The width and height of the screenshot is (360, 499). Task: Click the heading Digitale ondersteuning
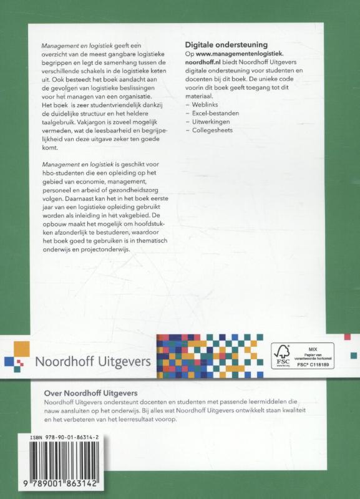[x=226, y=44]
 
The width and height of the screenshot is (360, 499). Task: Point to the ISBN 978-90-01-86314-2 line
[x=62, y=440]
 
